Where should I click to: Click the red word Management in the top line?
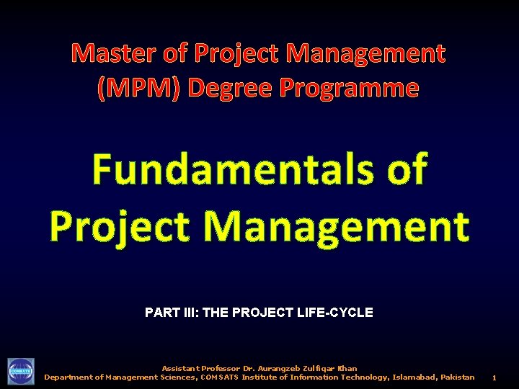tap(366, 53)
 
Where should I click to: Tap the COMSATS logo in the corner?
tap(20, 372)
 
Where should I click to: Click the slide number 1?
tap(494, 377)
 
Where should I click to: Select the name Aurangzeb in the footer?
tap(288, 369)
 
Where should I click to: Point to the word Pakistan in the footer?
tap(455, 377)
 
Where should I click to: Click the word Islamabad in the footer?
tap(406, 377)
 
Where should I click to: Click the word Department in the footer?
tap(71, 377)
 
